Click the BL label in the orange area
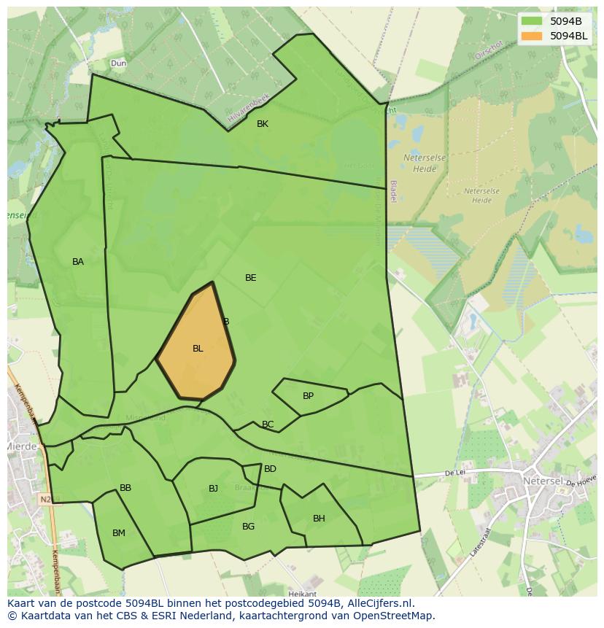[x=198, y=349]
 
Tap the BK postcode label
[x=263, y=124]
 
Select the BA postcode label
[x=78, y=262]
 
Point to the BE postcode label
[x=251, y=278]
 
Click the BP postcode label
[x=308, y=396]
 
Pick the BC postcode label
[x=268, y=425]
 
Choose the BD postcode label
[x=270, y=469]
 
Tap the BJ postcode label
[x=213, y=489]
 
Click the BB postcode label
[x=125, y=488]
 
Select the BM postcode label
[x=119, y=533]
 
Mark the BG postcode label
[x=248, y=527]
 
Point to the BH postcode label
[x=319, y=519]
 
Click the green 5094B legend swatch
[x=532, y=21]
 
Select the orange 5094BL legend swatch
[x=532, y=36]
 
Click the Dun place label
[x=118, y=63]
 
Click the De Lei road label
[x=454, y=473]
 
